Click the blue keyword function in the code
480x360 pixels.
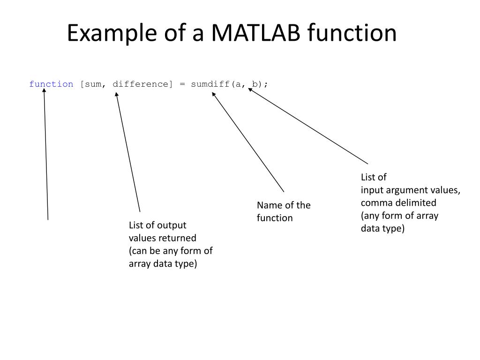(51, 84)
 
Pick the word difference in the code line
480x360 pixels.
(141, 84)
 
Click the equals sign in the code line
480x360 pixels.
(182, 84)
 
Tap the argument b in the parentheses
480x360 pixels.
(255, 84)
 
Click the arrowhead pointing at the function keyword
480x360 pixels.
(45, 91)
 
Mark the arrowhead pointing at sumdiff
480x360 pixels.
(214, 94)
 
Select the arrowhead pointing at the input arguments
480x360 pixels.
(251, 90)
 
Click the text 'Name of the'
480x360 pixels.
(284, 205)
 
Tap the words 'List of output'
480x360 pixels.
(157, 225)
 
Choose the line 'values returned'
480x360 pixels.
(163, 238)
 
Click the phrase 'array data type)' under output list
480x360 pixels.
(163, 263)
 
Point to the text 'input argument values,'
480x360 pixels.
(411, 190)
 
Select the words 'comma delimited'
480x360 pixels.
(398, 203)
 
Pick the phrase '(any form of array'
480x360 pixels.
(399, 216)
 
